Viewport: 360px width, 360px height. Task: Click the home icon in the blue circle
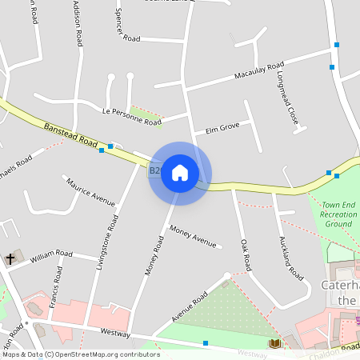(x=180, y=173)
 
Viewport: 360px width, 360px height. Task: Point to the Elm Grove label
(x=222, y=127)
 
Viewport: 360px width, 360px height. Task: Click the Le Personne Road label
(x=132, y=115)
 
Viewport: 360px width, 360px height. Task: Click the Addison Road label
(x=78, y=24)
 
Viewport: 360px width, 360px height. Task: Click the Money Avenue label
(x=194, y=237)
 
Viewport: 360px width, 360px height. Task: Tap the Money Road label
(x=154, y=255)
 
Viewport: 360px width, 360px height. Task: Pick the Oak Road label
(x=246, y=252)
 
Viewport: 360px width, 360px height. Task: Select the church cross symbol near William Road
(x=10, y=258)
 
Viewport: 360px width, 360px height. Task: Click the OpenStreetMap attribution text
(x=81, y=354)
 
